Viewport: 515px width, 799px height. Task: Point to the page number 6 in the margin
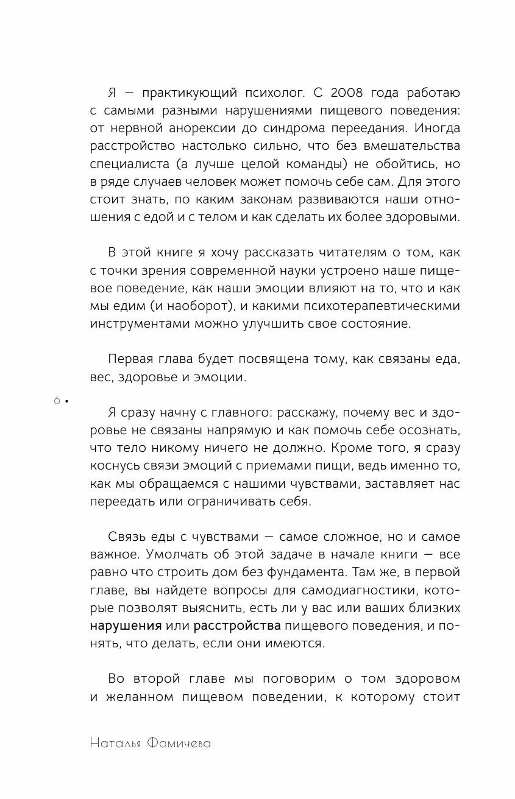[57, 401]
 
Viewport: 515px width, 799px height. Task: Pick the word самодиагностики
[360, 590]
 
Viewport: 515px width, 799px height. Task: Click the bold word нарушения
[126, 625]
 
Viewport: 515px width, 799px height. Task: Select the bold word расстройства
[236, 625]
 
